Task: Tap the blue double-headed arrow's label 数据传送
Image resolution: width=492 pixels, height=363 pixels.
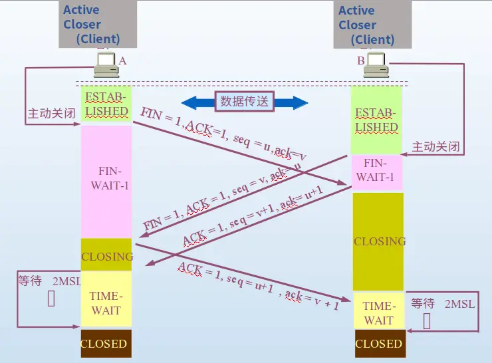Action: coord(245,102)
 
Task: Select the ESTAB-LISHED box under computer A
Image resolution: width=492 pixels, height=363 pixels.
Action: coord(106,104)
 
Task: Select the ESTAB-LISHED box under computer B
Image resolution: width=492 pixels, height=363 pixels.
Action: coord(376,120)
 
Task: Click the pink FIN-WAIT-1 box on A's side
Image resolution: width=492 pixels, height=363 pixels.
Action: coord(106,180)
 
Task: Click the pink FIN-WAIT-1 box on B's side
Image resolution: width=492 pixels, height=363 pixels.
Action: coord(376,170)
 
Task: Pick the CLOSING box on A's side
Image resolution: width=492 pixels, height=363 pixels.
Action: coord(106,256)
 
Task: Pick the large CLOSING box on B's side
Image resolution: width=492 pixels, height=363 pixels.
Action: coord(378,241)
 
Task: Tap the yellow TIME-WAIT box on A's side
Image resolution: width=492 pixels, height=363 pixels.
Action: coord(106,303)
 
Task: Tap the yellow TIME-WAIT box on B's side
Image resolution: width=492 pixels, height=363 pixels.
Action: coord(378,312)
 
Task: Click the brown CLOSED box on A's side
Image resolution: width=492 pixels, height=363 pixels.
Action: coord(104,344)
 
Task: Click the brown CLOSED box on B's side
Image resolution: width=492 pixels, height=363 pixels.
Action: coord(378,344)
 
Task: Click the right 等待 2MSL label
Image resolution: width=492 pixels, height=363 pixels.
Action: coord(443,304)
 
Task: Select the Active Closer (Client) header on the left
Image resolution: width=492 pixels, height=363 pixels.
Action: coord(98,25)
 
